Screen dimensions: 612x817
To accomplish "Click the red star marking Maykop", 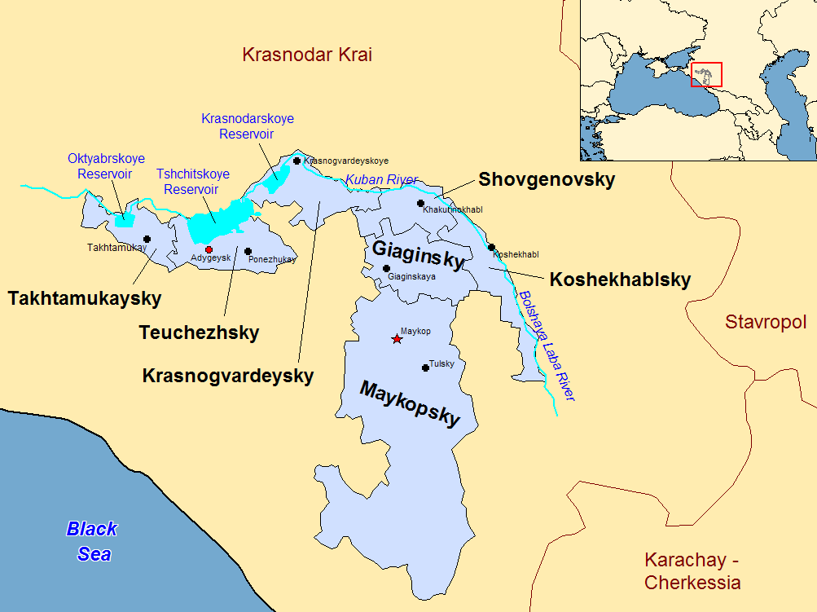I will (x=397, y=339).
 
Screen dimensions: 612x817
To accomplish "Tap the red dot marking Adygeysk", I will (x=209, y=249).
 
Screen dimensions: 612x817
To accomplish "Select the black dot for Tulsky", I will (x=425, y=368).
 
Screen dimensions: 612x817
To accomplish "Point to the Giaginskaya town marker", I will (x=386, y=268).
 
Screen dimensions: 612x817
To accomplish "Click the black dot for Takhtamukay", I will (x=147, y=239).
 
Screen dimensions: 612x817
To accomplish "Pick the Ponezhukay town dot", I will (x=248, y=251).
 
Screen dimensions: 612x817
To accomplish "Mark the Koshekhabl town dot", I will (x=491, y=247).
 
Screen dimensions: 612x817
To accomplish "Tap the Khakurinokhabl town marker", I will (x=420, y=203).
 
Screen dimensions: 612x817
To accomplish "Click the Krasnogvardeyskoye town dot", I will (x=297, y=161).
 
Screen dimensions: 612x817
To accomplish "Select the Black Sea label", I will (x=91, y=541).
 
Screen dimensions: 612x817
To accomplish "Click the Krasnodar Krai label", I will (x=307, y=55).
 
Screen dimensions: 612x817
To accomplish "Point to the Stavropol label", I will (x=765, y=322).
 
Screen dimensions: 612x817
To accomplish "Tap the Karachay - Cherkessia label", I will (x=692, y=571).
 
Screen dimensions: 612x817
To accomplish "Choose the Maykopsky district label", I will (x=410, y=403).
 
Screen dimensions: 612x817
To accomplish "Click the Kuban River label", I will (x=381, y=179).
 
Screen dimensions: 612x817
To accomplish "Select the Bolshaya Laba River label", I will (x=547, y=346).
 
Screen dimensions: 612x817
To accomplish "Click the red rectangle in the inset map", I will (x=706, y=74).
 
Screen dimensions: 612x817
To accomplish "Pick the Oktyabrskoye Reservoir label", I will (x=106, y=165).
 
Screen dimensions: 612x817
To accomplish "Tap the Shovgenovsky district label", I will (x=547, y=179).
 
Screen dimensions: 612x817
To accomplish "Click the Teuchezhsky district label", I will (x=199, y=332).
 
